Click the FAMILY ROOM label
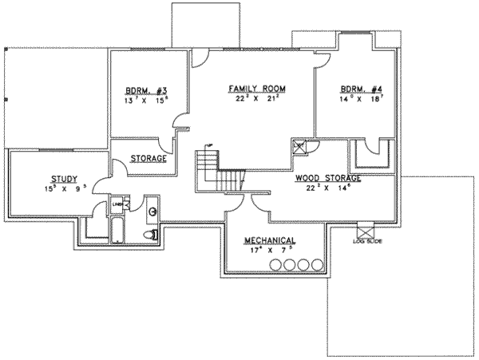click(x=257, y=87)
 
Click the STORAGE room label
click(x=148, y=159)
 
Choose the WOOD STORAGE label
click(x=327, y=179)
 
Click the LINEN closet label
click(x=117, y=204)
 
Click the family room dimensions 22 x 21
click(x=257, y=99)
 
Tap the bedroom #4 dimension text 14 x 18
click(x=355, y=99)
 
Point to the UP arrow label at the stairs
click(x=209, y=144)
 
